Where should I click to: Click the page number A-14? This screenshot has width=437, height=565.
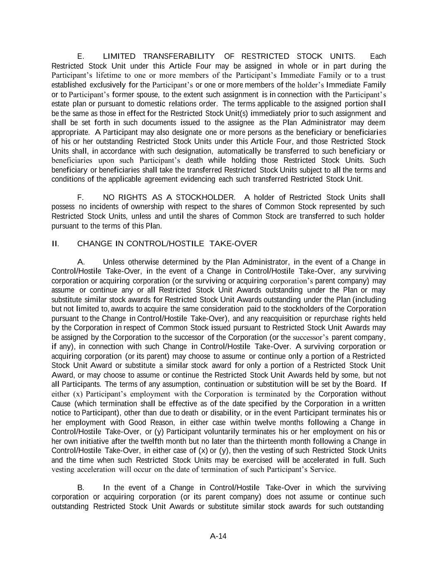click(218, 536)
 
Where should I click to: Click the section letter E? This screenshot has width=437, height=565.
click(81, 56)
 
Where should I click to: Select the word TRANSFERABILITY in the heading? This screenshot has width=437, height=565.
click(179, 56)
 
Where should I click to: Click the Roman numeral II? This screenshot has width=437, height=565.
click(55, 243)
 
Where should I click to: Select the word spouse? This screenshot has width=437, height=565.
click(147, 94)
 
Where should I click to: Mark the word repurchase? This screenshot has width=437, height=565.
click(345, 318)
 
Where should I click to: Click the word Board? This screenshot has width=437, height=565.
click(365, 384)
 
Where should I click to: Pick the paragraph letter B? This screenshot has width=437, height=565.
click(81, 488)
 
